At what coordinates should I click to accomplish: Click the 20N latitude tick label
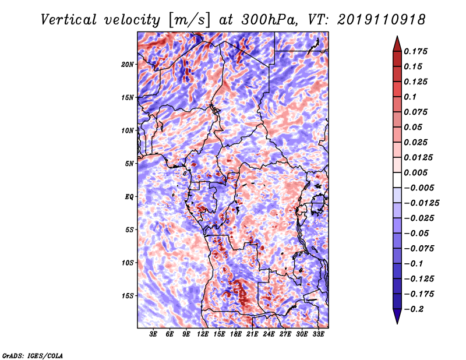(x=128, y=65)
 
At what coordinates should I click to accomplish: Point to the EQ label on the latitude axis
(x=129, y=197)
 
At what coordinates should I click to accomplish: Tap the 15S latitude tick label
(x=128, y=296)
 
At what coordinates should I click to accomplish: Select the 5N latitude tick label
(x=129, y=164)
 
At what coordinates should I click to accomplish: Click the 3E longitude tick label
(x=153, y=334)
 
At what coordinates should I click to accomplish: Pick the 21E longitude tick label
(x=252, y=334)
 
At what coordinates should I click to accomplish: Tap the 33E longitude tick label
(x=318, y=334)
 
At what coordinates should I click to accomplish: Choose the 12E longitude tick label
(x=202, y=334)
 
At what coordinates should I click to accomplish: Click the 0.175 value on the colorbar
(x=415, y=52)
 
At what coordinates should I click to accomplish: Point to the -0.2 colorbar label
(x=414, y=309)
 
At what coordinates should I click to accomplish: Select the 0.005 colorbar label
(x=415, y=172)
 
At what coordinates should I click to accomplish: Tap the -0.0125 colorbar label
(x=421, y=203)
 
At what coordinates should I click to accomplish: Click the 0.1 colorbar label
(x=410, y=97)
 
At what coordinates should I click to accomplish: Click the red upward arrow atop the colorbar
(x=397, y=44)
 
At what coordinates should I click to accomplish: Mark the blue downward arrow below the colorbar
(x=397, y=316)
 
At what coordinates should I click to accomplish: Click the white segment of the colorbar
(x=397, y=180)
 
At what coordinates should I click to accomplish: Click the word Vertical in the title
(x=69, y=20)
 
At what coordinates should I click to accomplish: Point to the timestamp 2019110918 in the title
(x=382, y=20)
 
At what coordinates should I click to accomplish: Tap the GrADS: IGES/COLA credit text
(x=33, y=355)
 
